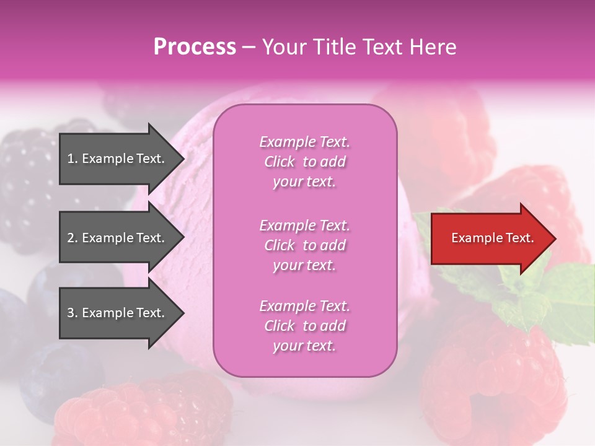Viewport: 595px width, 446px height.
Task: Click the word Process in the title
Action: pos(195,47)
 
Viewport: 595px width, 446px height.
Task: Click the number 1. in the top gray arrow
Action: pos(73,159)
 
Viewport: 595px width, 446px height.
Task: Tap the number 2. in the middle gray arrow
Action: pos(73,238)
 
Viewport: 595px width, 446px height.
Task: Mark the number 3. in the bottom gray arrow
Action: pos(73,313)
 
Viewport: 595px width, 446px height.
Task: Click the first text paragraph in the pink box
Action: pos(304,162)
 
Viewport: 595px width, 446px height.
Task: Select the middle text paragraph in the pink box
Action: pos(304,245)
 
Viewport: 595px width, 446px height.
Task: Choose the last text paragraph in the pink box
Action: pos(304,326)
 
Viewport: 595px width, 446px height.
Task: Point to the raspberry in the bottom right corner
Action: pos(496,372)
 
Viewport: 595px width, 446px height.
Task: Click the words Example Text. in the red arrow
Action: pos(493,238)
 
